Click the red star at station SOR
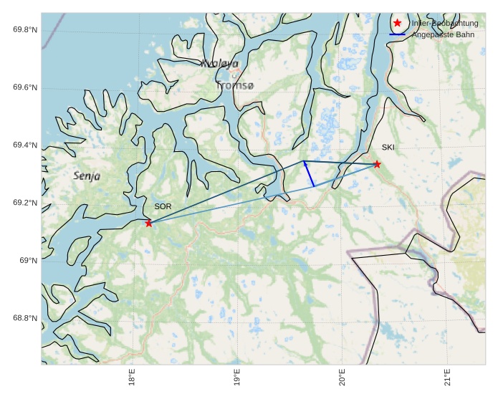(149, 223)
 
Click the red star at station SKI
(377, 164)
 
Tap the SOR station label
(163, 206)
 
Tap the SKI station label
(388, 148)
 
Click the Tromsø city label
(234, 85)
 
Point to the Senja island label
(87, 176)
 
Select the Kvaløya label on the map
(219, 64)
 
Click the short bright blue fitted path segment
(309, 174)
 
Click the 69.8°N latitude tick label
(25, 29)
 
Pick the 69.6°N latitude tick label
(25, 87)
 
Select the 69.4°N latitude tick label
(25, 145)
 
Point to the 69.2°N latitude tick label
(25, 203)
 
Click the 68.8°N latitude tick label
(25, 318)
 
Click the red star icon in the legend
(398, 23)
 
